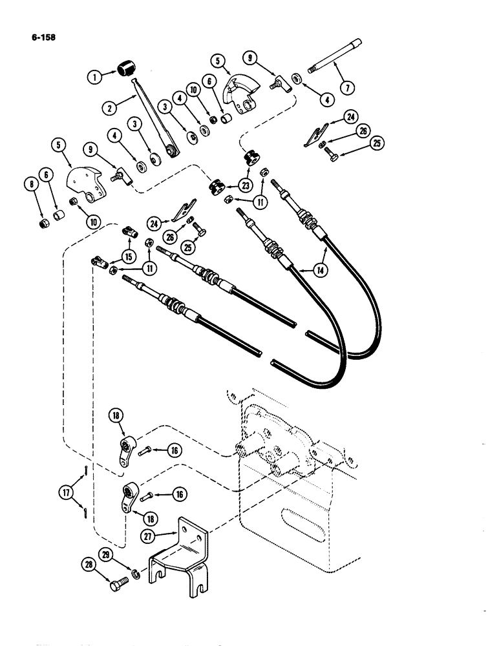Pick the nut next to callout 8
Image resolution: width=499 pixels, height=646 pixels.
tap(43, 224)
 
